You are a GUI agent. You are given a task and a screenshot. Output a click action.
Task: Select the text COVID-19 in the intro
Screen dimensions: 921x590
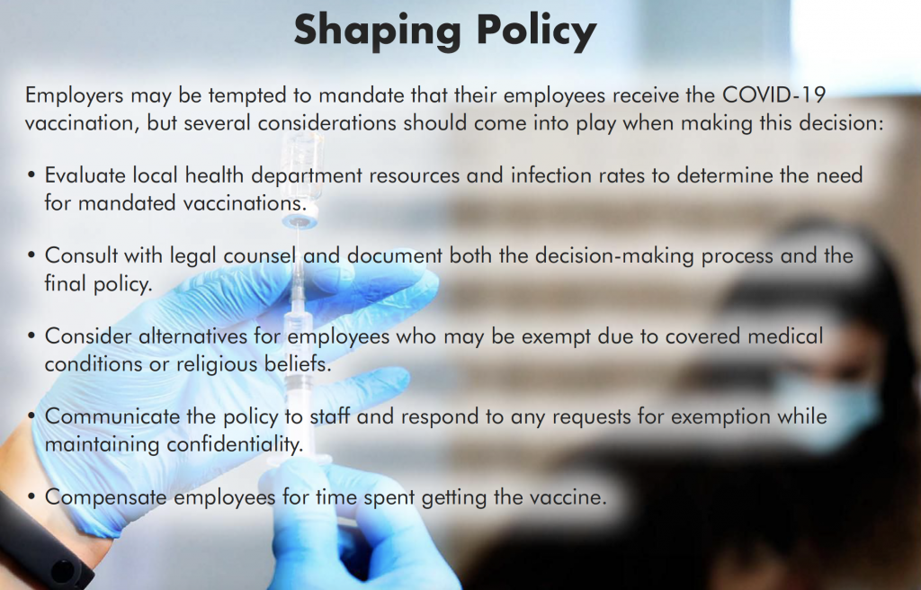(773, 94)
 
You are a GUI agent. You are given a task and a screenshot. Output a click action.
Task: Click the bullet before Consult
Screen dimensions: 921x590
(31, 255)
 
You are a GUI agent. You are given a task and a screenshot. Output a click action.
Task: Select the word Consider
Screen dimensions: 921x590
(88, 336)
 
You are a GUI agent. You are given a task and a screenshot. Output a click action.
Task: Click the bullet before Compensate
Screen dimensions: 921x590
(31, 496)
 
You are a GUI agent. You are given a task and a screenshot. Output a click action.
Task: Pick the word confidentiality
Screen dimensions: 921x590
(235, 444)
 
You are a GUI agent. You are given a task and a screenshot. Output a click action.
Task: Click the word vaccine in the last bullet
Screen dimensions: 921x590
(568, 497)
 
